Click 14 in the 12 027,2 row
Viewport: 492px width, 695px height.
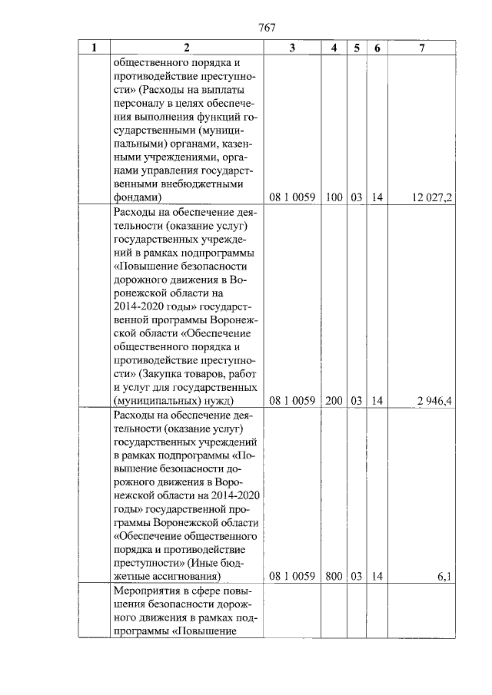point(377,197)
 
